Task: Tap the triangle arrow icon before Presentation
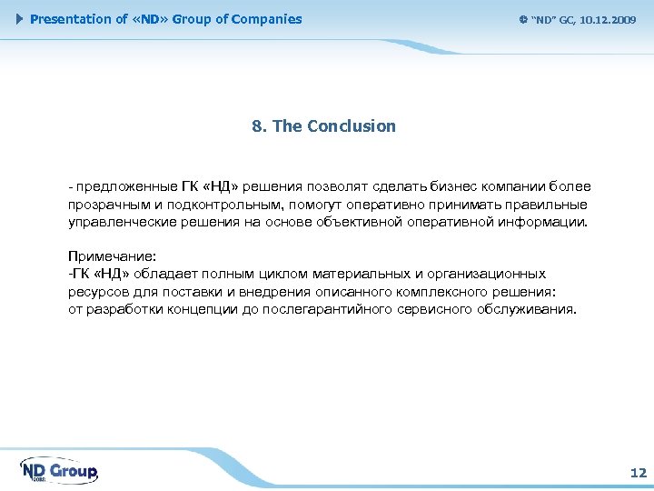pos(21,19)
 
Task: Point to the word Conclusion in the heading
pos(352,126)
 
